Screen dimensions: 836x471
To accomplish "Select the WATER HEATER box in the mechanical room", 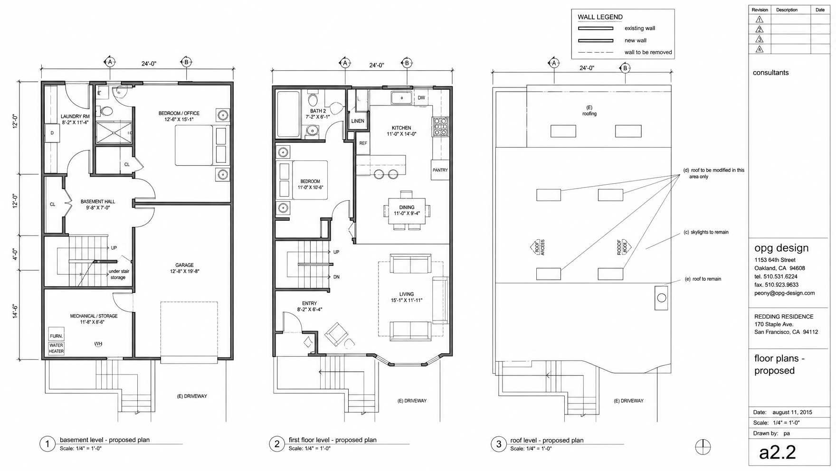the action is pos(56,348).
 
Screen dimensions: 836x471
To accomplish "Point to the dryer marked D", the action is pos(52,133).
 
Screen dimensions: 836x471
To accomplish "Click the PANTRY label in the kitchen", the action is pos(440,170).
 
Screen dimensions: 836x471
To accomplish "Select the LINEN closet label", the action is pos(358,121).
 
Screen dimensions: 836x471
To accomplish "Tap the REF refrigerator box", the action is pos(363,143).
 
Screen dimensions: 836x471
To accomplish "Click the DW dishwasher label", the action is pos(421,98).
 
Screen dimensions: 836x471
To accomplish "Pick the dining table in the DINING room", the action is pos(407,210).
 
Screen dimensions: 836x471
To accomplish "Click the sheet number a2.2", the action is pos(777,452).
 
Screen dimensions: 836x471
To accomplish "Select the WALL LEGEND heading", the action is pos(600,17).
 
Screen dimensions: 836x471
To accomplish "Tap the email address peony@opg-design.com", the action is pos(784,293).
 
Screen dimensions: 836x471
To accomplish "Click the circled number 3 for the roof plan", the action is pos(499,444).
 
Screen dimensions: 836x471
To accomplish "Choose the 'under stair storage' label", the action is pos(118,274).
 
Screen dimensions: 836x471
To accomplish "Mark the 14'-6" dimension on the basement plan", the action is pos(15,311).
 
